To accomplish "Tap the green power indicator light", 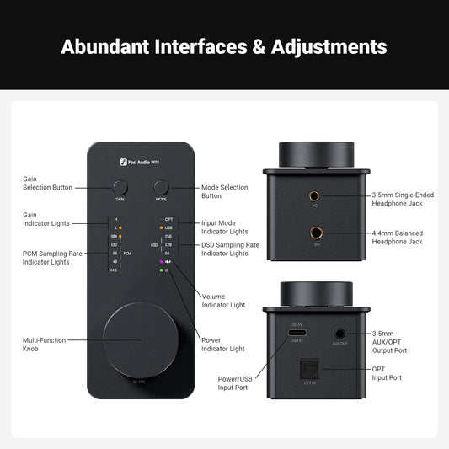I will [x=160, y=270].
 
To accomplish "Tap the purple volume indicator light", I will [x=160, y=262].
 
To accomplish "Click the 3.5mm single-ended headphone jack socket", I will [x=316, y=196].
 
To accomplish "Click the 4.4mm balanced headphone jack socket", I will [x=316, y=233].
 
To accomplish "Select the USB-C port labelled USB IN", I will [x=296, y=334].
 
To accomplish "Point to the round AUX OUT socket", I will [x=340, y=334].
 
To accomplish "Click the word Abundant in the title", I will [x=104, y=45].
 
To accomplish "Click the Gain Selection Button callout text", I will [x=47, y=183].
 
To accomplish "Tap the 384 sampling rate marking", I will [x=114, y=236].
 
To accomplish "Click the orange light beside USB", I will [x=160, y=227].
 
